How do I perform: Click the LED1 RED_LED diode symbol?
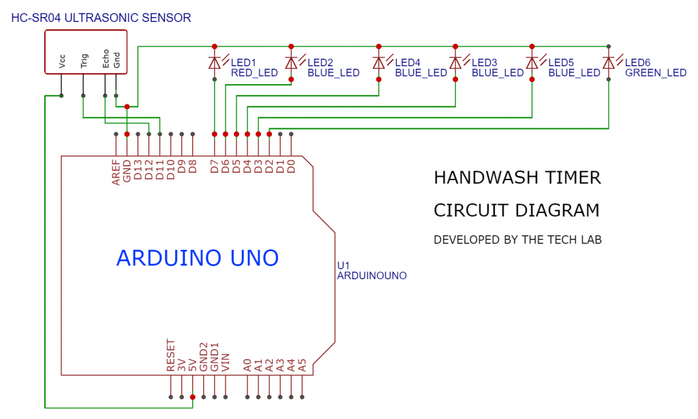(x=215, y=63)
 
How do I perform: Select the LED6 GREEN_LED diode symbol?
(x=608, y=63)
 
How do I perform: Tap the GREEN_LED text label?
(x=655, y=73)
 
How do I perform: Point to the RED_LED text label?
(x=254, y=73)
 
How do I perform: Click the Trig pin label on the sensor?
(x=84, y=62)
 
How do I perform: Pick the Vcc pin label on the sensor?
(x=62, y=63)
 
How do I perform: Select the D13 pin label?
(x=138, y=169)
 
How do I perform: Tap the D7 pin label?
(x=215, y=165)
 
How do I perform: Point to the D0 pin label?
(x=291, y=165)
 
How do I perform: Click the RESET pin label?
(x=171, y=356)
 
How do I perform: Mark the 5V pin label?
(x=193, y=364)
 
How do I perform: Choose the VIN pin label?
(x=226, y=361)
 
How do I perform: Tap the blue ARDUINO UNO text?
(x=198, y=258)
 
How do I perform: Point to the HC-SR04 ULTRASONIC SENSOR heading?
(x=102, y=18)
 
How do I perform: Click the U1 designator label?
(x=344, y=265)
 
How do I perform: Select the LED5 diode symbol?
(x=532, y=63)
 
